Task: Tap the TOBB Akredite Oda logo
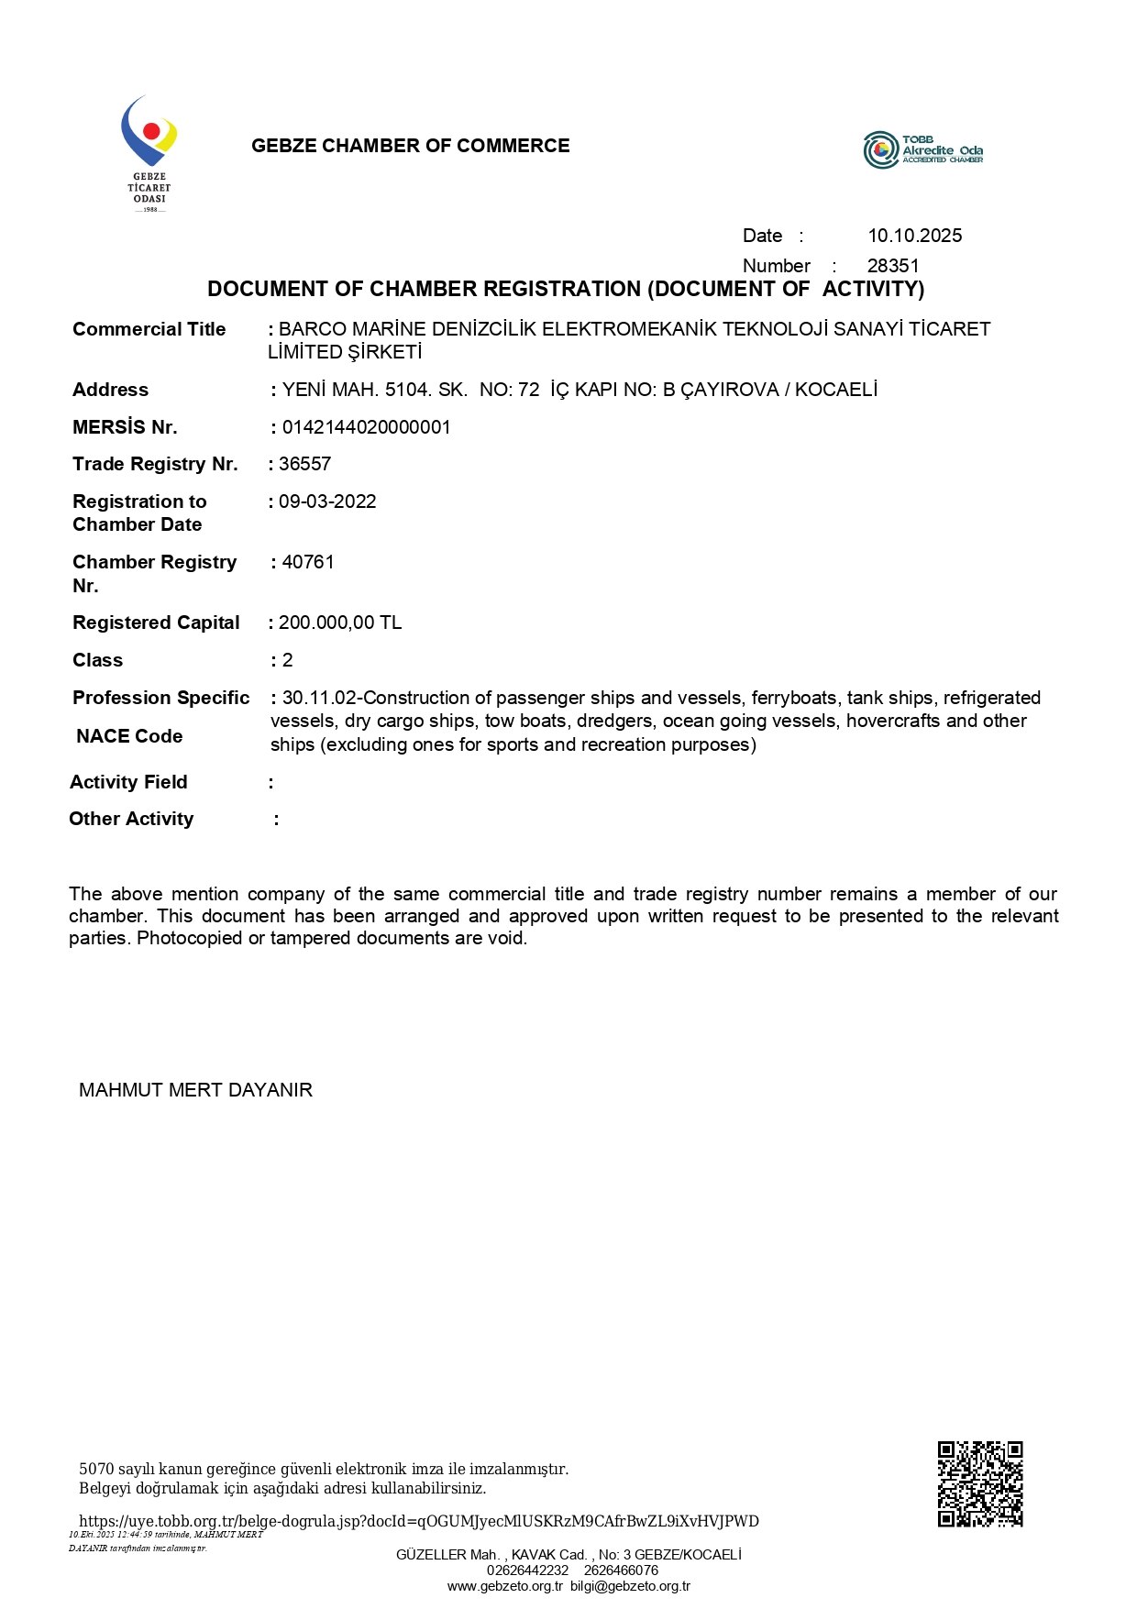click(x=922, y=150)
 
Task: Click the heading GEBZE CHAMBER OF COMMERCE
click(x=410, y=146)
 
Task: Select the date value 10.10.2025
click(x=914, y=236)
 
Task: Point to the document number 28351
click(x=892, y=266)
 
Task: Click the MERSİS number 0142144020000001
click(x=366, y=427)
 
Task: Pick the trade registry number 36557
click(x=304, y=464)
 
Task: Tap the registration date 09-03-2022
click(x=327, y=501)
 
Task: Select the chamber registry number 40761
click(x=308, y=562)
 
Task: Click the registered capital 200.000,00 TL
click(x=339, y=623)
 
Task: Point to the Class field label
click(x=97, y=660)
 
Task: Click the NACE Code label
click(x=129, y=736)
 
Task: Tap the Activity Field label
click(x=128, y=782)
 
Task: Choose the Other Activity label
click(x=131, y=819)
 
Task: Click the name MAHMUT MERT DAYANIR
click(x=195, y=1090)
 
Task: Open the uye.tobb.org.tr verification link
click(x=418, y=1521)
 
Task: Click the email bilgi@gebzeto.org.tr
click(x=630, y=1586)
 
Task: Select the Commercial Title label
click(x=149, y=329)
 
